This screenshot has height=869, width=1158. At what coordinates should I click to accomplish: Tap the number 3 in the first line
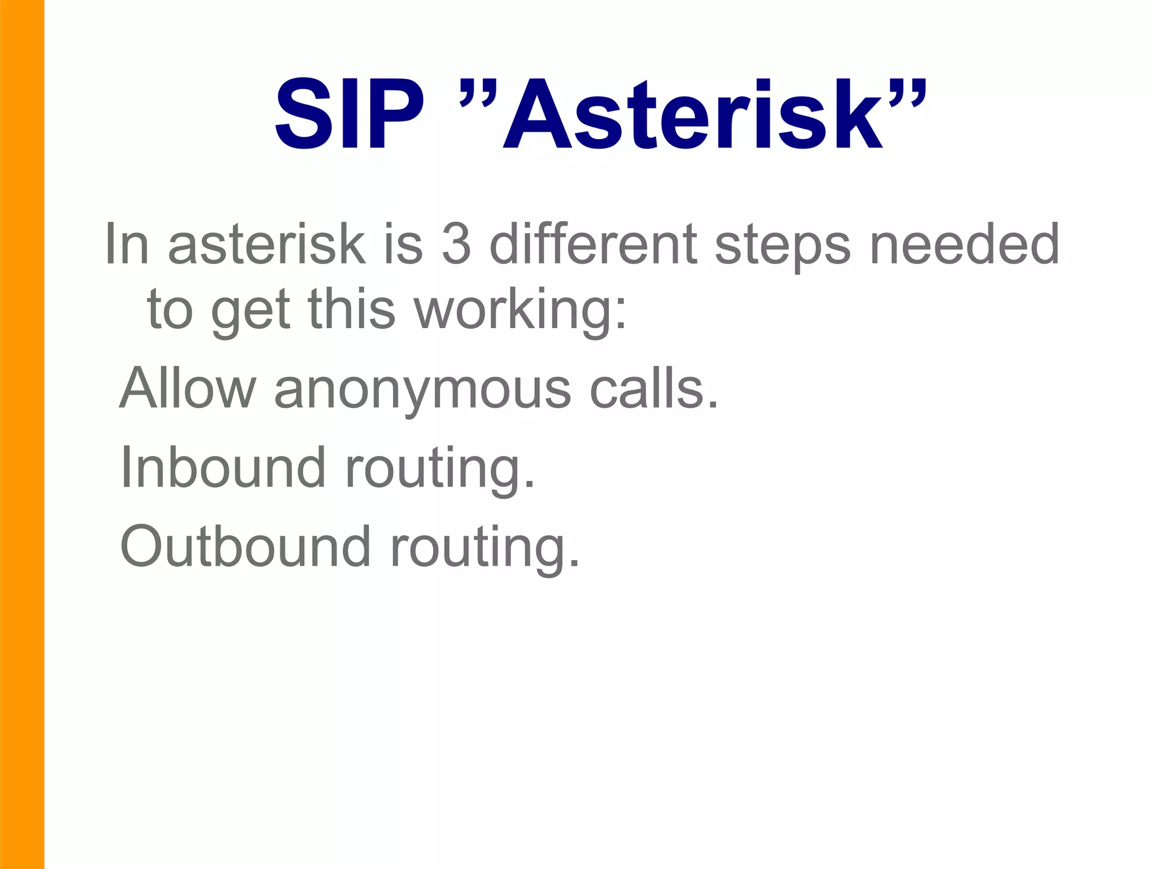tap(456, 244)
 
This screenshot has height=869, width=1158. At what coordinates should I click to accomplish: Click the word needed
tap(964, 244)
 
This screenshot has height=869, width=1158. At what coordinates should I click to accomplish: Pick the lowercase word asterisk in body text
tap(266, 244)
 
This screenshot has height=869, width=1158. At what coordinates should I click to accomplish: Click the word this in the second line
tap(351, 309)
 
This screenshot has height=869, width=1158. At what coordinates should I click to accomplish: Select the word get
tap(250, 313)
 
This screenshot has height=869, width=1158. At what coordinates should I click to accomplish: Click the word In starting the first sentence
tap(127, 244)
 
